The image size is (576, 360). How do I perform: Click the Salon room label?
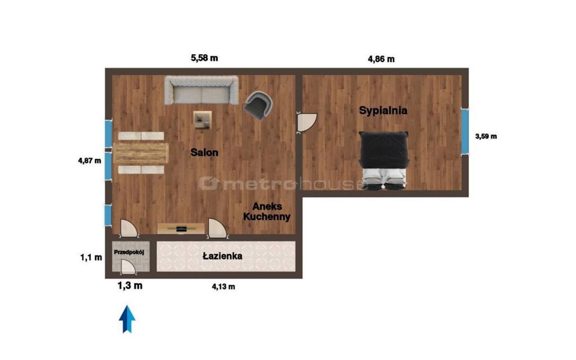coord(204,153)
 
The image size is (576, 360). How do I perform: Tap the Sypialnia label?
coord(383,111)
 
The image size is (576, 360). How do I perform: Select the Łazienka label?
coord(222,256)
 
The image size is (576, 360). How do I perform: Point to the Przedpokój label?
coord(129,252)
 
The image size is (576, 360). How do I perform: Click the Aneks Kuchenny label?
coord(267,211)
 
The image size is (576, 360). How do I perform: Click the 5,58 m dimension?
coord(204,58)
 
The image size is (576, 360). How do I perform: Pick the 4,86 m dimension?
coord(381,59)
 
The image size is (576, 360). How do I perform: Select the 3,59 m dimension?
coord(486,136)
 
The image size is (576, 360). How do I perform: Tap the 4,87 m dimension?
coord(90,161)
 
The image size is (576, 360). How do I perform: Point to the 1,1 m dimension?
coord(91,257)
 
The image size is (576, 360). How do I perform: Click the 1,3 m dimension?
coord(130,286)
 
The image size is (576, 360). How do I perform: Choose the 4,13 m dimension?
coord(223,287)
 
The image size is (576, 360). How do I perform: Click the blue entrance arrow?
coord(127,319)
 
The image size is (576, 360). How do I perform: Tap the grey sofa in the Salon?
coord(202,90)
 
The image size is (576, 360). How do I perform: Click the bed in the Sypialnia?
coord(383,161)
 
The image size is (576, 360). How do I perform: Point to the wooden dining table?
coord(141,153)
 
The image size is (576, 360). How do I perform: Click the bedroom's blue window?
coord(465,131)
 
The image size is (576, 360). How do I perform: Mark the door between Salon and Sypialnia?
coord(306,123)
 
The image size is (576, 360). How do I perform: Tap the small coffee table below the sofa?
coord(202,120)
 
